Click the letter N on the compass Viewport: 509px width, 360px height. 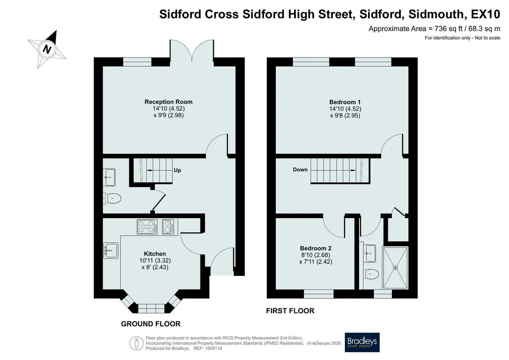pyautogui.click(x=47, y=49)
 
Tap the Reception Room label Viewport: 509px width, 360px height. pyautogui.click(x=168, y=102)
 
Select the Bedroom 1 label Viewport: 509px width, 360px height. pyautogui.click(x=345, y=102)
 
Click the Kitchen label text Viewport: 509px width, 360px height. pyautogui.click(x=155, y=254)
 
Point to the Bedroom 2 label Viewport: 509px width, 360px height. pyautogui.click(x=315, y=248)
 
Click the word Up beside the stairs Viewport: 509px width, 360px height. pyautogui.click(x=177, y=170)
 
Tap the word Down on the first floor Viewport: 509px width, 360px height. pyautogui.click(x=300, y=170)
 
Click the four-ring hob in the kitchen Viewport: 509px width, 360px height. pyautogui.click(x=147, y=227)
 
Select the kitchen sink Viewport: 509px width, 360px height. pyautogui.click(x=111, y=250)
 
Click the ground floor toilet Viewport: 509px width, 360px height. pyautogui.click(x=113, y=198)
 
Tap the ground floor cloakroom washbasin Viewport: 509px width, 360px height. pyautogui.click(x=109, y=177)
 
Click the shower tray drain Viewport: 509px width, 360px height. pyautogui.click(x=395, y=268)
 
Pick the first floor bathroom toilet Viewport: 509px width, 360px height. pyautogui.click(x=371, y=274)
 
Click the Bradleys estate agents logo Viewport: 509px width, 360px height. pyautogui.click(x=362, y=342)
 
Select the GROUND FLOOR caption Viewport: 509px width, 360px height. pyautogui.click(x=151, y=324)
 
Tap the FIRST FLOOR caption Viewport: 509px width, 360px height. pyautogui.click(x=290, y=310)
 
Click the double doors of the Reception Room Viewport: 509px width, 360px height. pyautogui.click(x=192, y=51)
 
